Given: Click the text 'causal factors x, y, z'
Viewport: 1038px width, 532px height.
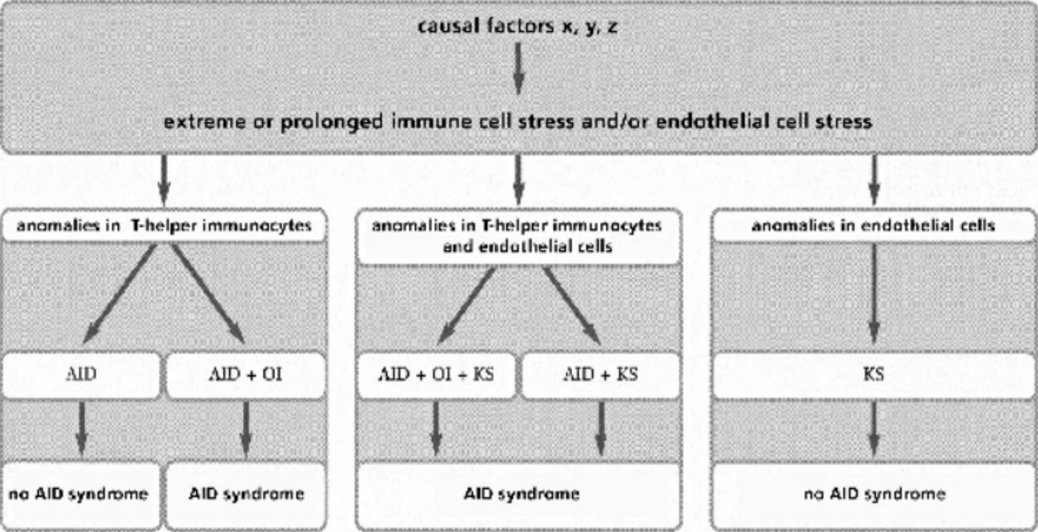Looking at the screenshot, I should (517, 26).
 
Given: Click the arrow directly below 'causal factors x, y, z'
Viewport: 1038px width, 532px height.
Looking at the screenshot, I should (518, 68).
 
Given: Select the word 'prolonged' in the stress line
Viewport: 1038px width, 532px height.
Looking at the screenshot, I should (331, 121).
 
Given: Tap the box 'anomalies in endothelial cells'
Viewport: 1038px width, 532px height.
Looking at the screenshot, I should (873, 226).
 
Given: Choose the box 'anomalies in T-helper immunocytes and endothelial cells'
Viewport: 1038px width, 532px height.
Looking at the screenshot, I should (518, 235).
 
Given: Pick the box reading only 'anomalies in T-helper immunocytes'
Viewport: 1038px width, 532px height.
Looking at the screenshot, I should (164, 226).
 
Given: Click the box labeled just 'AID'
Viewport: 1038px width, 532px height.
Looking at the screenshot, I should (81, 374).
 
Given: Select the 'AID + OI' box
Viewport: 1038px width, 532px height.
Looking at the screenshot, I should (246, 374).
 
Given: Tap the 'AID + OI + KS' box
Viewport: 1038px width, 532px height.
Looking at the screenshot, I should (436, 374).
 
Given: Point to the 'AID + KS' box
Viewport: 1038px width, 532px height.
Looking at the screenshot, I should (600, 374).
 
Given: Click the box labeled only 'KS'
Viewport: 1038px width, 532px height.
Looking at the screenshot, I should (873, 374).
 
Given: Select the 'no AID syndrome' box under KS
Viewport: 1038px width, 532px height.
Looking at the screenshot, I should (875, 494).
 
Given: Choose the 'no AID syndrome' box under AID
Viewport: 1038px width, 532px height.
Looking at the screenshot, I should (79, 494).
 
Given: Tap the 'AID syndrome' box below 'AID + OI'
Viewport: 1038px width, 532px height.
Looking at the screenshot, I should (246, 494).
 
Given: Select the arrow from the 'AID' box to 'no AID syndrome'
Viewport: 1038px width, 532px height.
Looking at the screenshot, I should (81, 429).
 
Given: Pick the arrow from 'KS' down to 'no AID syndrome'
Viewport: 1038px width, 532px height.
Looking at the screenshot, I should (874, 429).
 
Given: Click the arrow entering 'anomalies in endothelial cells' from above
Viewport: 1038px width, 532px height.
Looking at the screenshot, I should (875, 180).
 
